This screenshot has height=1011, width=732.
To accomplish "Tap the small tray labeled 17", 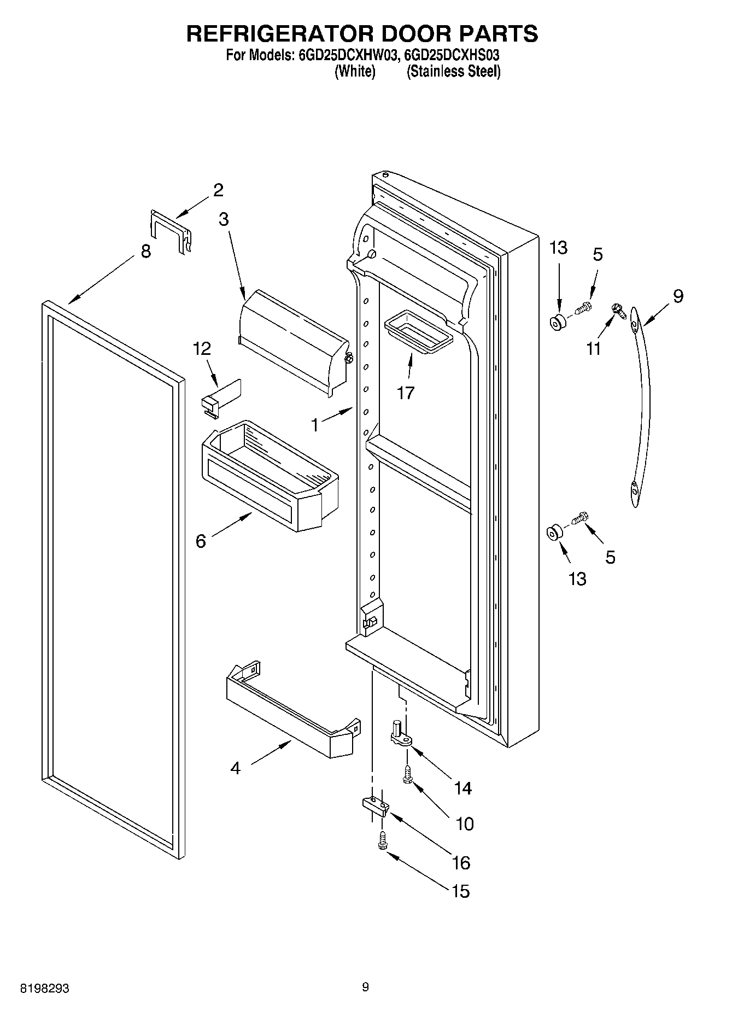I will [419, 330].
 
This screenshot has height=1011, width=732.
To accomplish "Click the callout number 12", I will [202, 349].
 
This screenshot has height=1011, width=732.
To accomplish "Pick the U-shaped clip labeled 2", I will [171, 230].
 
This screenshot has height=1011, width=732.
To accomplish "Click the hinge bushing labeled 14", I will [401, 733].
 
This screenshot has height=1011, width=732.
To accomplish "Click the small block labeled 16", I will [375, 806].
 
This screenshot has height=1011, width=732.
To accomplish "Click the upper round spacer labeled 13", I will [558, 323].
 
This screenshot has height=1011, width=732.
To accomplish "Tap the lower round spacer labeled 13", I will [554, 533].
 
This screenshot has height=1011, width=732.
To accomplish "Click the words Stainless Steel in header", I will [453, 72].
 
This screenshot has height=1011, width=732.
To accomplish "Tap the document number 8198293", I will [45, 989].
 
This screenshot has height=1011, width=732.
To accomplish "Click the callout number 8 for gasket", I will [145, 252].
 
